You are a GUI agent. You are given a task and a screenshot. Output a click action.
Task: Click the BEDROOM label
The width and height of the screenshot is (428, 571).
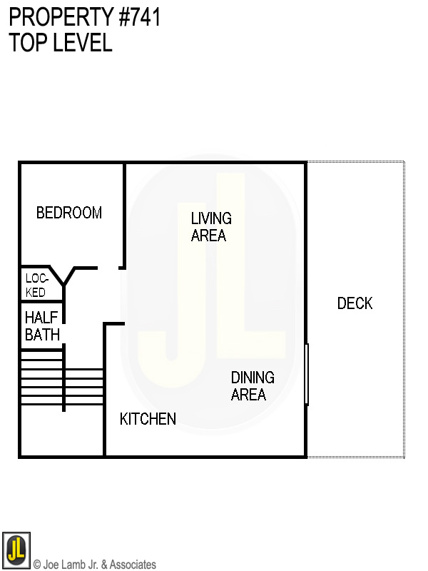coord(69,213)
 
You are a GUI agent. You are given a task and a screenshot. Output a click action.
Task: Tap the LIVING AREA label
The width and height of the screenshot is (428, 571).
coord(210,227)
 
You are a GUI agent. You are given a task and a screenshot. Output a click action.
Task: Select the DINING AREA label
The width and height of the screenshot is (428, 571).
coord(252,386)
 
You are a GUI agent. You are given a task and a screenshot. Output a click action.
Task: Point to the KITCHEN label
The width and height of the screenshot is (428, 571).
coord(148,419)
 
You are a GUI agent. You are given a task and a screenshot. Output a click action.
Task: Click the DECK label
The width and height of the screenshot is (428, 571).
coord(355,303)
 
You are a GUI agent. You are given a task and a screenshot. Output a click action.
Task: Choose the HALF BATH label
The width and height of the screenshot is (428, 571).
coord(42,325)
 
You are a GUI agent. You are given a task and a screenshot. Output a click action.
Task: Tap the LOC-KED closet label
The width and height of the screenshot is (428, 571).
coord(36,285)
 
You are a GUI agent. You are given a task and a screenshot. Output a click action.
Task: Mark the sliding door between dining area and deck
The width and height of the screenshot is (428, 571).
coord(307,375)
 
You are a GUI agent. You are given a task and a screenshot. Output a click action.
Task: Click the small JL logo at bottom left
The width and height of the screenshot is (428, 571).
coord(16,550)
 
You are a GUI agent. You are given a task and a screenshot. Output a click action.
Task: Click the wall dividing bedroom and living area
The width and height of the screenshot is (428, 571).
coord(125,214)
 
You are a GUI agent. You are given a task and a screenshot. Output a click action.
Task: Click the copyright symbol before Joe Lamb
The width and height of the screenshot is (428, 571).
coord(37,565)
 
